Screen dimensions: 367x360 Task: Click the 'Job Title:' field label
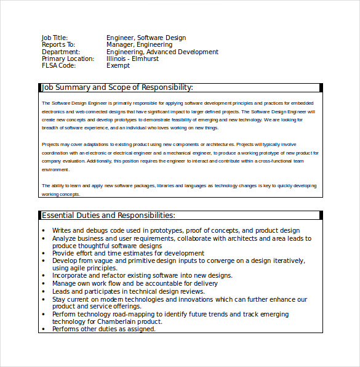click(55, 38)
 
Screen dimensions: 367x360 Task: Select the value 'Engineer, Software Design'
click(146, 38)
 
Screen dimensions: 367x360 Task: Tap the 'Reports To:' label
click(58, 45)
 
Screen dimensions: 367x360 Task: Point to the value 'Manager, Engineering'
click(139, 45)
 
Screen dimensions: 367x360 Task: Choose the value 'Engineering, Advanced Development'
click(162, 52)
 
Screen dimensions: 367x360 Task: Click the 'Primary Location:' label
click(68, 59)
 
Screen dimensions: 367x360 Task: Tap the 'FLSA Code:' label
click(58, 66)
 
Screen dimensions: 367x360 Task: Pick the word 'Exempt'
click(118, 66)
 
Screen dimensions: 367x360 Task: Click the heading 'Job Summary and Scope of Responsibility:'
click(117, 87)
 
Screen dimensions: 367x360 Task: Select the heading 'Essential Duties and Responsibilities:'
click(108, 216)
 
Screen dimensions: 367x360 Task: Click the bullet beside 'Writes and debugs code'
click(44, 231)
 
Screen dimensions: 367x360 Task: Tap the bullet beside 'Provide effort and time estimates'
click(44, 253)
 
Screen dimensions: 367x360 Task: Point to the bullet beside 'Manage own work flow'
click(44, 283)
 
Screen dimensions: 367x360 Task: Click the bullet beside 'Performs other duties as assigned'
click(44, 329)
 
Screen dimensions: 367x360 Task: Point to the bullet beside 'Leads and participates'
click(44, 291)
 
